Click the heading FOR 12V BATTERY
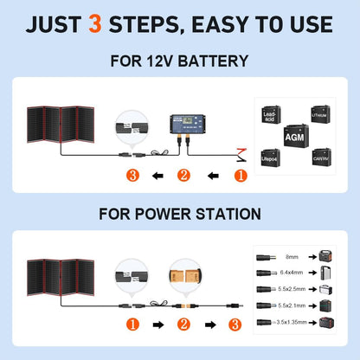tap(179, 61)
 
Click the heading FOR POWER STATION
tap(179, 213)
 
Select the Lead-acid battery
tap(270, 115)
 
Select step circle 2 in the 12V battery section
tap(183, 177)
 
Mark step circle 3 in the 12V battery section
tap(132, 177)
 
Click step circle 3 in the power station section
tap(235, 325)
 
